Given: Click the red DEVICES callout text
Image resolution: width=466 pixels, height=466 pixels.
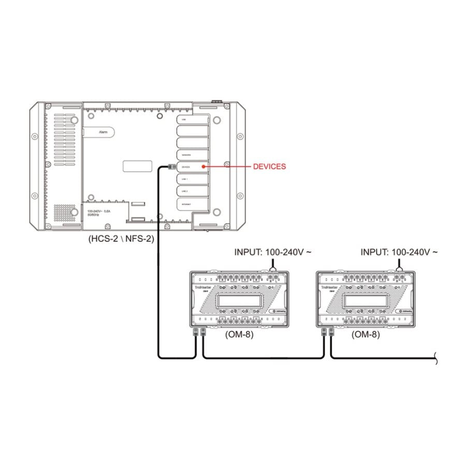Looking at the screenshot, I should tap(269, 167).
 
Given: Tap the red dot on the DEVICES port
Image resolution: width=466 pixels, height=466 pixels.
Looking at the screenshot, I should tap(203, 167).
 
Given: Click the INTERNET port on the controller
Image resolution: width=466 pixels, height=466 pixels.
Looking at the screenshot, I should tap(192, 205).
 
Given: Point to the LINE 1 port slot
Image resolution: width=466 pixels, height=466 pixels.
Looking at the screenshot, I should tap(192, 179).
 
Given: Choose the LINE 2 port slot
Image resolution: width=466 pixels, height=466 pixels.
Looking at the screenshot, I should tap(192, 192).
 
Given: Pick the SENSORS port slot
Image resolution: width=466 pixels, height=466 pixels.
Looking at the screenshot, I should tap(192, 154).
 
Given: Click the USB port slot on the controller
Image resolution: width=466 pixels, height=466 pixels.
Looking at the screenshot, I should tap(192, 119).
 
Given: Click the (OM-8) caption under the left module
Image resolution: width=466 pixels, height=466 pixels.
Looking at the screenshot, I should tap(239, 335).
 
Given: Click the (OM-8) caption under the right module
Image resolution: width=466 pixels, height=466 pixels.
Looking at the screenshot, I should tap(366, 335).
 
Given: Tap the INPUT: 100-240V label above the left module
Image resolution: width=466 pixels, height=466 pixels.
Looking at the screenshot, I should tap(274, 252).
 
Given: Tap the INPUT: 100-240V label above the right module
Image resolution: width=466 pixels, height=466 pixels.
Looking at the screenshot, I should tap(399, 252).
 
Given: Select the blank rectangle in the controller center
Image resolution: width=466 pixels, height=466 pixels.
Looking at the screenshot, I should tap(138, 166).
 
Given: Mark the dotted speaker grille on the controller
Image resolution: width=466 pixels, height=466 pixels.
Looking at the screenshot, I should tap(65, 212).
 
